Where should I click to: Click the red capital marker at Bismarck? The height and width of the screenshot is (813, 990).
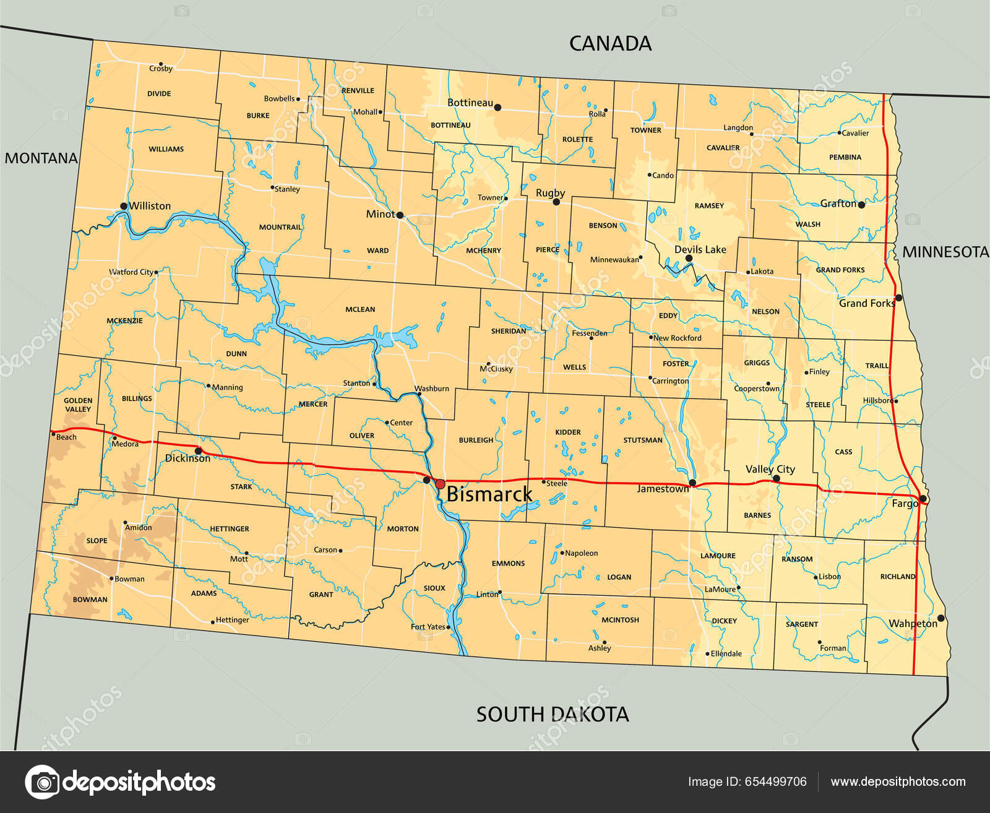[x=440, y=484]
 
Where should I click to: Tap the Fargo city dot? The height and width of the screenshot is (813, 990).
[x=923, y=499]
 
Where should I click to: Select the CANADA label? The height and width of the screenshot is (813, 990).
[x=610, y=43]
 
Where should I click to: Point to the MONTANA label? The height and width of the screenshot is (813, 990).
[x=41, y=158]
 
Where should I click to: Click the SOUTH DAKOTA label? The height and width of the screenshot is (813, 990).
[x=552, y=715]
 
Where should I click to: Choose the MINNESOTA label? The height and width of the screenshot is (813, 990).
[x=945, y=252]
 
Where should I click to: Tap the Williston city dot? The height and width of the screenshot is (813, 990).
[x=124, y=206]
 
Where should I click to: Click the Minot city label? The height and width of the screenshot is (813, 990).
[x=380, y=214]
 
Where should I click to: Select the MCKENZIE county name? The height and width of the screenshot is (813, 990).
[x=124, y=320]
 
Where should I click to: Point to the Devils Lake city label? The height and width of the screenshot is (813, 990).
[x=700, y=249]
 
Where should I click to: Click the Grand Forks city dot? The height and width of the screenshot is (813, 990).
[x=899, y=298]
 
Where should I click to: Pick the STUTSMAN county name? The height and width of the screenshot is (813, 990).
[x=643, y=440]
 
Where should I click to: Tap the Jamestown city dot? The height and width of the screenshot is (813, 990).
[x=692, y=483]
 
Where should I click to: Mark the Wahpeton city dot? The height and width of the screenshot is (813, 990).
[x=940, y=618]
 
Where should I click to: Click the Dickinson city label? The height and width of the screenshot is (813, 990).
[x=187, y=458]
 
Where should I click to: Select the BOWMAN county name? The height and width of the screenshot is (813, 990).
[x=90, y=599]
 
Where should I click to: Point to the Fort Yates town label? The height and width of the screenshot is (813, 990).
[x=428, y=627]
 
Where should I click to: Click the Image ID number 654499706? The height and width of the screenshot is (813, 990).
[x=777, y=781]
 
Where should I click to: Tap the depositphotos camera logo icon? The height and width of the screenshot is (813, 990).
[x=42, y=782]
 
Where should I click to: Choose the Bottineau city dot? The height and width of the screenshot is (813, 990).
[x=497, y=108]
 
